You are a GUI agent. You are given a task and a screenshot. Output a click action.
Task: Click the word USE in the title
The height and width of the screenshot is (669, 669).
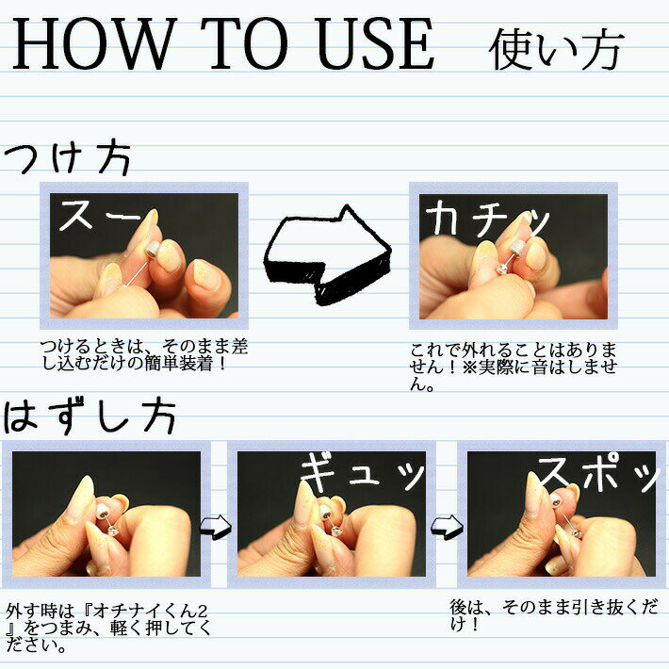375,43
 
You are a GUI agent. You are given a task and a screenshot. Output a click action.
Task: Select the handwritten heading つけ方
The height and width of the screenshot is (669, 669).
68,158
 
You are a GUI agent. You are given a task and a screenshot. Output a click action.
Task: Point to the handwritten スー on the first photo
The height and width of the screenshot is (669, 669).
100,216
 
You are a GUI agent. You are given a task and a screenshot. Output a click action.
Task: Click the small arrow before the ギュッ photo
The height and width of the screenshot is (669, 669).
216,526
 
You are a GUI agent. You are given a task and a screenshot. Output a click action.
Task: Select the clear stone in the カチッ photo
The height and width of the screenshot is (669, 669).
501,269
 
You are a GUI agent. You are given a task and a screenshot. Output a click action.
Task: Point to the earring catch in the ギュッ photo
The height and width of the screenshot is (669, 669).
325,511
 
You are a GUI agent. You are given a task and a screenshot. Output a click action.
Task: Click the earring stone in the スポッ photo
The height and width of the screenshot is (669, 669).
576,534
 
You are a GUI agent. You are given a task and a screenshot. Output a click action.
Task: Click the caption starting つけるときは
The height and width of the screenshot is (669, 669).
144,355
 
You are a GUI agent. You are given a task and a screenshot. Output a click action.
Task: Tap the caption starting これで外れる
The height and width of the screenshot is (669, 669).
514,367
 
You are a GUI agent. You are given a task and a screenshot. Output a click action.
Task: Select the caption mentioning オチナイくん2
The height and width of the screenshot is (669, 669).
108,628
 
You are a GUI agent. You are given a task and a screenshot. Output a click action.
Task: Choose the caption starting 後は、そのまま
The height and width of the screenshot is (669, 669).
554,615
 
